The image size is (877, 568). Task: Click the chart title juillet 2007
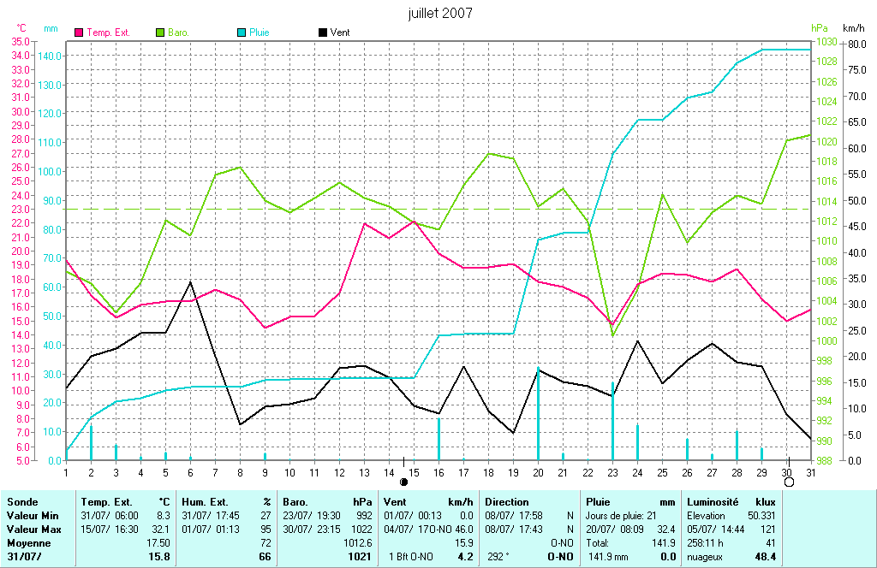click(x=439, y=14)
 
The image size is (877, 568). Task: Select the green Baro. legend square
click(x=160, y=33)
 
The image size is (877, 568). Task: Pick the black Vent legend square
click(x=322, y=33)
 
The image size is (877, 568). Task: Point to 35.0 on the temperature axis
click(x=20, y=41)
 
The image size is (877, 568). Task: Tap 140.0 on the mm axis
click(x=51, y=56)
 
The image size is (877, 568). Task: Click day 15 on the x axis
click(x=413, y=472)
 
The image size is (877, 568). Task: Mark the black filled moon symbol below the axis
click(x=404, y=482)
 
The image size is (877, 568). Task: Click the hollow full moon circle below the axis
click(x=789, y=482)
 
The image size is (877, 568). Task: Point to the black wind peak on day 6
click(x=190, y=281)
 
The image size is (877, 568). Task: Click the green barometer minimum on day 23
click(x=612, y=335)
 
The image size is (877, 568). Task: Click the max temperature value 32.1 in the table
click(x=160, y=530)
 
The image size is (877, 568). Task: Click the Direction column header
click(x=507, y=502)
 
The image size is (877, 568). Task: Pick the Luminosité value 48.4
click(x=765, y=557)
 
